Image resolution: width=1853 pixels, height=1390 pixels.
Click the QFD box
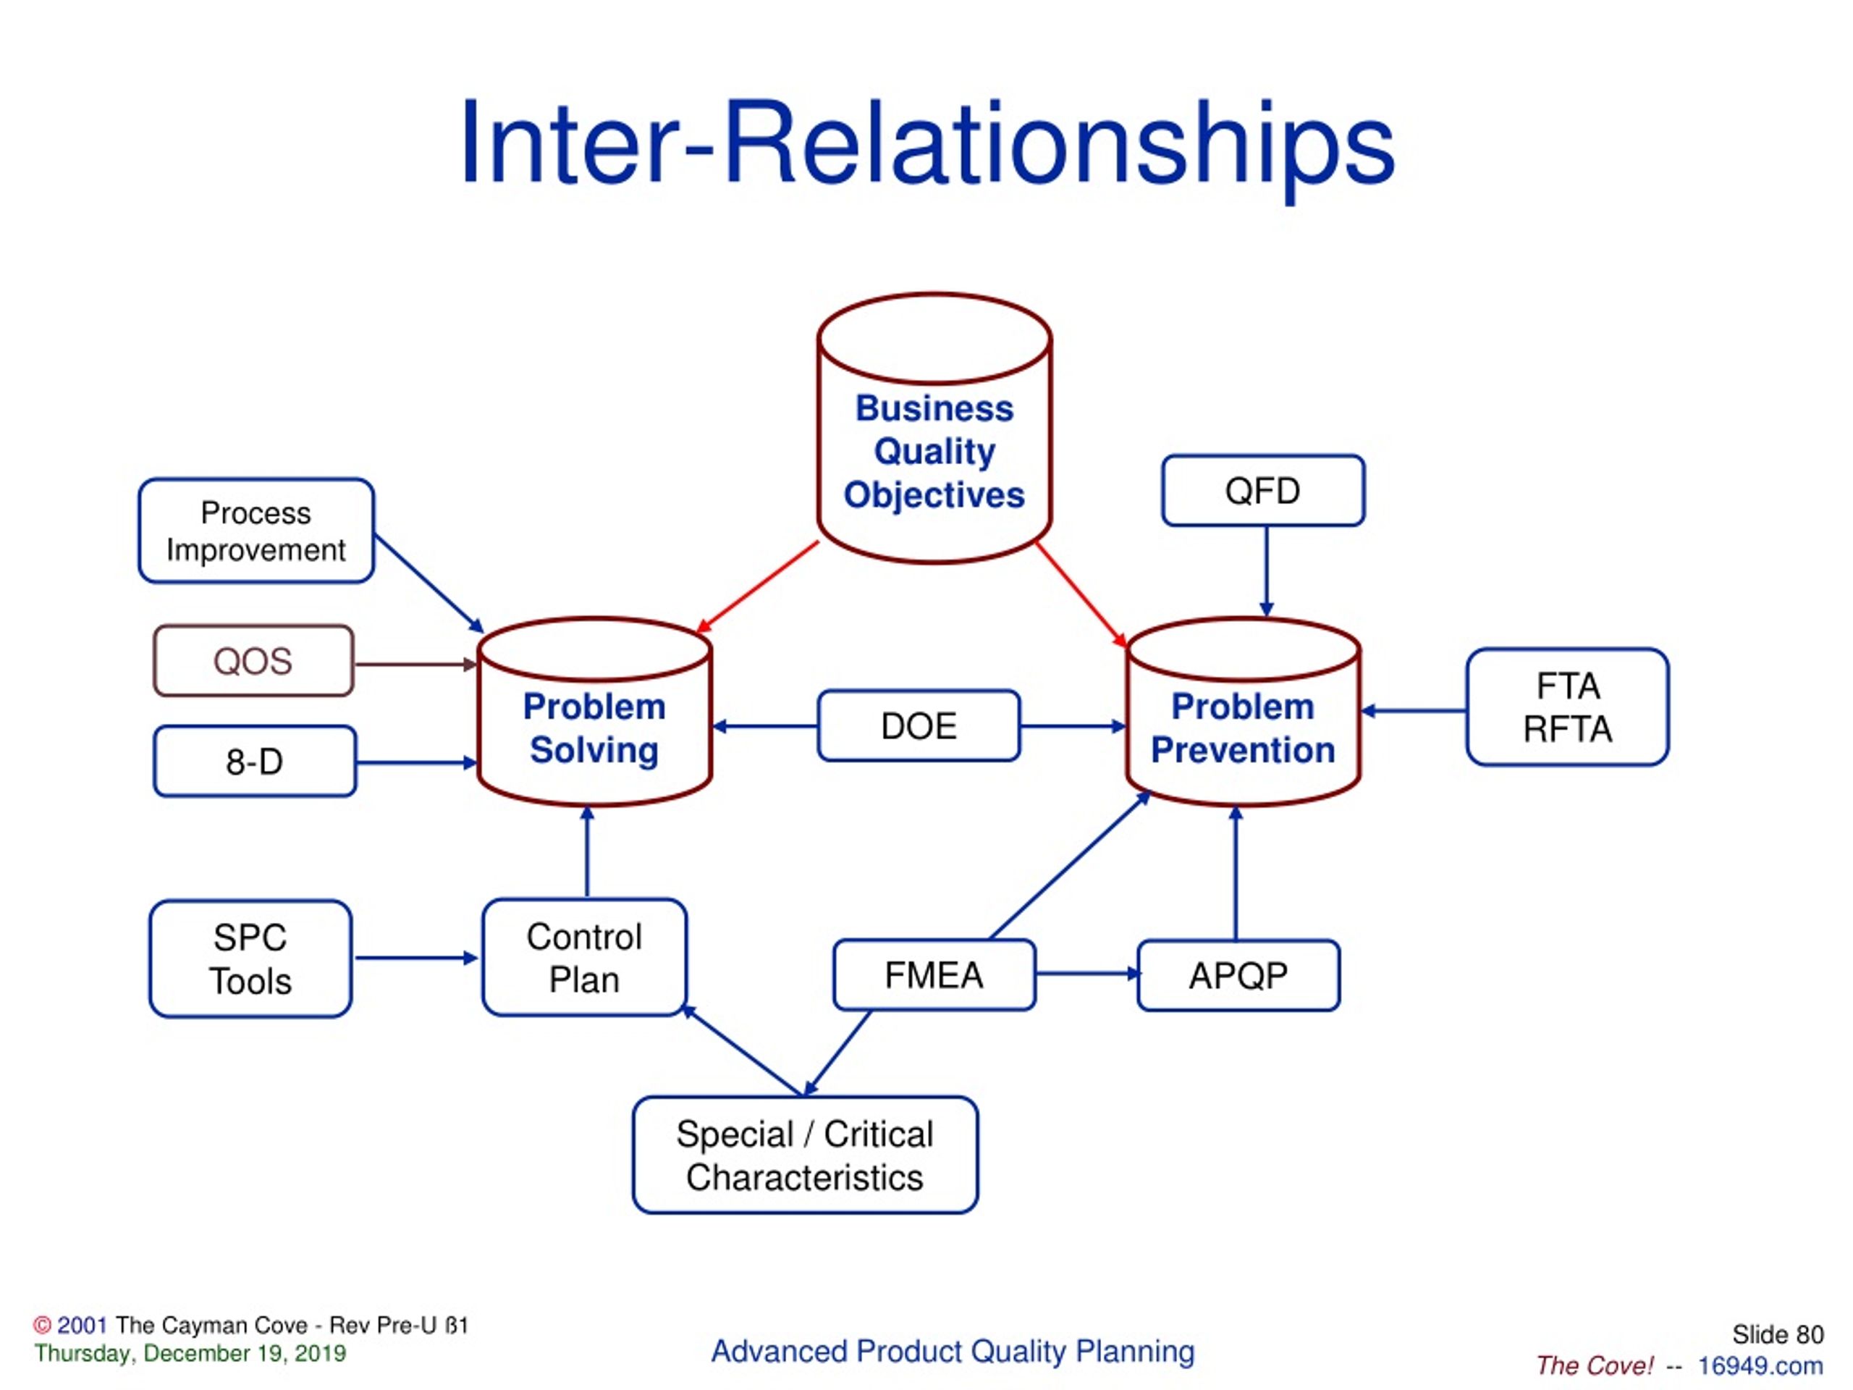pos(1262,491)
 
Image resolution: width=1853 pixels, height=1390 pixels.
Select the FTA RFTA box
pos(1566,707)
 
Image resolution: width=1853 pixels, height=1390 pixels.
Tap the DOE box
pos(918,725)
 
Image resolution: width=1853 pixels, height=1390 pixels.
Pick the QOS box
pos(253,661)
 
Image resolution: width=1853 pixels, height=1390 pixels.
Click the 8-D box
pos(255,762)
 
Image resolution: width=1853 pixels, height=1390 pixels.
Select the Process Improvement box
pos(256,531)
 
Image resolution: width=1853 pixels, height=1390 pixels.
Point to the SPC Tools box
pos(250,959)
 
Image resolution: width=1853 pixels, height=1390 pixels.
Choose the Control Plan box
pos(584,958)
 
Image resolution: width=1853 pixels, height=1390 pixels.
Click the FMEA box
pos(934,975)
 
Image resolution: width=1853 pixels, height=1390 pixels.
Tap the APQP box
pos(1238,976)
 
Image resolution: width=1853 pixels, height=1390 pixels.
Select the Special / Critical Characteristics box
pos(804,1155)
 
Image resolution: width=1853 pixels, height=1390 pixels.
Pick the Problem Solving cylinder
pos(594,728)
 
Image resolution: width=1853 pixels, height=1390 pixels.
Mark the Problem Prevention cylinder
pos(1242,728)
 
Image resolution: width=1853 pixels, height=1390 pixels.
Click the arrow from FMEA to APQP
pos(1086,974)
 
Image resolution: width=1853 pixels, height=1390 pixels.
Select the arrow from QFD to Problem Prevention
pos(1266,570)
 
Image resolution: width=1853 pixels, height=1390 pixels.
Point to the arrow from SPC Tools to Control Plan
pos(415,958)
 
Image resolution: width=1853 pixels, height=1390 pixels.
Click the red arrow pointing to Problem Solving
pos(757,586)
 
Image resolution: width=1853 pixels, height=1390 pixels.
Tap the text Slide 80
pos(1777,1335)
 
